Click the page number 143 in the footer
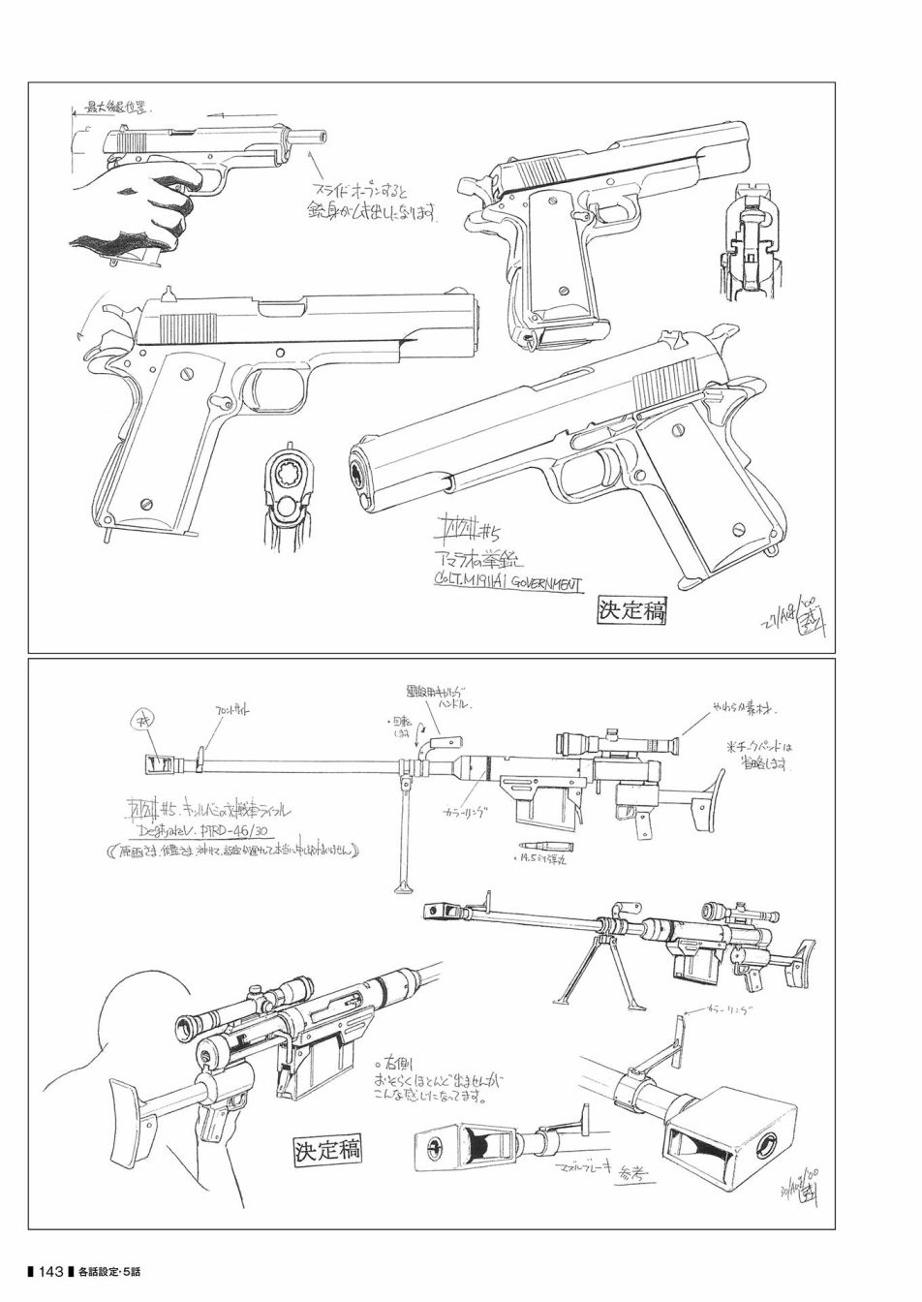pos(51,1270)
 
